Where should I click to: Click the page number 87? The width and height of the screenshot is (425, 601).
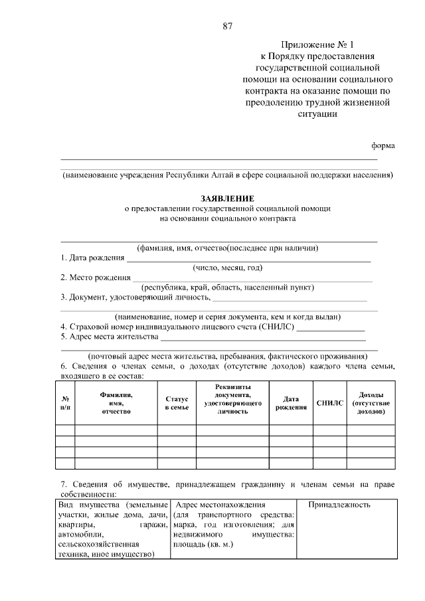coord(227,27)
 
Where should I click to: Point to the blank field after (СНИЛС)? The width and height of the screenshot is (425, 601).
coord(330,329)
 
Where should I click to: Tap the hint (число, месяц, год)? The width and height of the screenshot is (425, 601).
coord(228,268)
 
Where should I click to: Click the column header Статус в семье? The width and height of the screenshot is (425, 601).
coord(177,402)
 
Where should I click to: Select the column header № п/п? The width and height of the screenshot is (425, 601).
coord(65,402)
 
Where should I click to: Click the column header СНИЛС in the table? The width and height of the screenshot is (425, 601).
coord(329,402)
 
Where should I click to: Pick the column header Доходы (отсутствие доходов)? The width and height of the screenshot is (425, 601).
coord(371,402)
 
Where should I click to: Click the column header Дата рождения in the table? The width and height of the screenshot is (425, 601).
coord(290,402)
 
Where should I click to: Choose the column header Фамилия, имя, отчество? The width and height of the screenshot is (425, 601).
coord(116,402)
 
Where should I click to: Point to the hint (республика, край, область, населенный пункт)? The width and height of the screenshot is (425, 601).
coord(227,288)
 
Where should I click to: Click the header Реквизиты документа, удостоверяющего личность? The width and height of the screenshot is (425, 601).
coord(232,398)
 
